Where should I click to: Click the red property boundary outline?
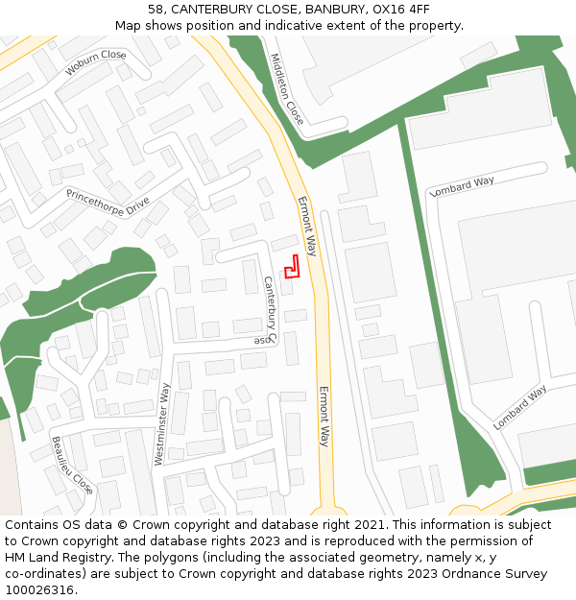[292, 266]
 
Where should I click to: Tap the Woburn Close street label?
[96, 62]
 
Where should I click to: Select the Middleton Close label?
[287, 88]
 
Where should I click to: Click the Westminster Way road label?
[163, 424]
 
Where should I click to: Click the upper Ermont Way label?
[306, 226]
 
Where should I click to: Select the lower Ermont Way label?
[324, 416]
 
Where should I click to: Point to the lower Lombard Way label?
[520, 407]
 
